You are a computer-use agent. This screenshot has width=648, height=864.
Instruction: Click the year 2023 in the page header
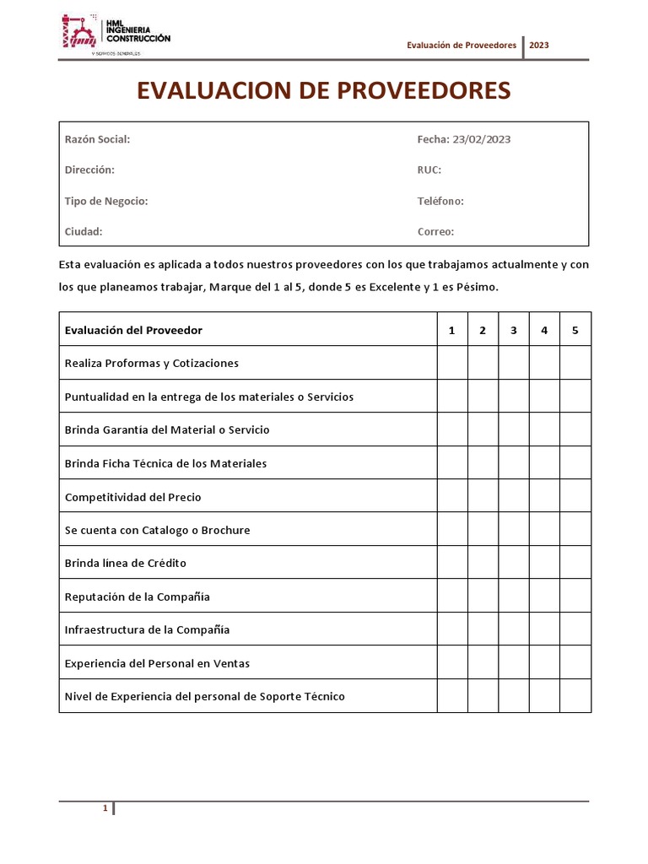(x=539, y=46)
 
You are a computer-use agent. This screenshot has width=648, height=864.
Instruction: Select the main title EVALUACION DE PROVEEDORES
(x=324, y=90)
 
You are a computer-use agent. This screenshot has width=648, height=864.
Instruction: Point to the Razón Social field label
(x=97, y=139)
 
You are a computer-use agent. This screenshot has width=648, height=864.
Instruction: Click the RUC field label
(x=429, y=170)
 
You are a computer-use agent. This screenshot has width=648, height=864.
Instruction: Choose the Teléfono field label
(x=440, y=201)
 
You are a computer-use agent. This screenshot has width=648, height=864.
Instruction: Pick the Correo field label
(x=435, y=231)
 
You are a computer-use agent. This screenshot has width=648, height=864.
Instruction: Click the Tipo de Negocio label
(x=106, y=201)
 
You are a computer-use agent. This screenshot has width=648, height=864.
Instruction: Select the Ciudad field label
(x=84, y=231)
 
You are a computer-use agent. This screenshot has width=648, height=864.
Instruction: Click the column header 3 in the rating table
(x=514, y=330)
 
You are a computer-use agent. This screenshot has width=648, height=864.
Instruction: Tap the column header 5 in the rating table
(x=575, y=330)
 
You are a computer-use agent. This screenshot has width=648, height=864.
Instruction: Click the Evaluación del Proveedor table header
(x=133, y=330)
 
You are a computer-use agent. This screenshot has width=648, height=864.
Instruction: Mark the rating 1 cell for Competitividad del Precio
(x=452, y=496)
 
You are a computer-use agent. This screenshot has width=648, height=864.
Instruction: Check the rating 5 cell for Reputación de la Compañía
(x=575, y=596)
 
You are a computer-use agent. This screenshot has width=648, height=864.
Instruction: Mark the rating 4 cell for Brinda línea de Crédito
(x=544, y=563)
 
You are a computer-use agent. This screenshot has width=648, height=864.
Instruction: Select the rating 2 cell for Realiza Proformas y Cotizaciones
(x=483, y=363)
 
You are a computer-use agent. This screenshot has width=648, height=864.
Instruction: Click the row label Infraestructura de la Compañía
(x=147, y=629)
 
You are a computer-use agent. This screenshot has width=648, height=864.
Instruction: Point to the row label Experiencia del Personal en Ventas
(x=157, y=663)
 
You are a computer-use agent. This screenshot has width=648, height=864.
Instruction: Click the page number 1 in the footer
(x=105, y=808)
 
